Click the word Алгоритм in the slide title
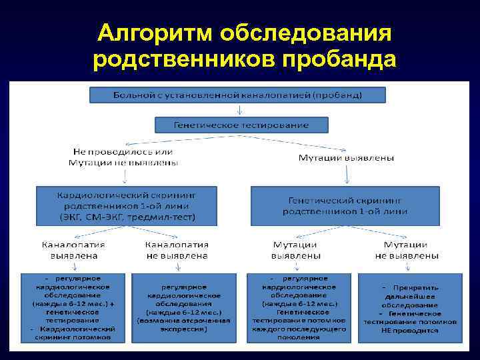pos(155,33)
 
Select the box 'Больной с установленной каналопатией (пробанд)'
pos(237,94)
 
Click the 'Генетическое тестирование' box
pos(241,125)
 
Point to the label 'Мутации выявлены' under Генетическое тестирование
pos(346,157)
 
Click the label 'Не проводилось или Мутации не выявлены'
pos(124,157)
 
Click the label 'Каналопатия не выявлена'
pos(177,249)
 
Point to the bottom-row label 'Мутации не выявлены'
pos(407,249)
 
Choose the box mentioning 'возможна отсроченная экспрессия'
pos(183,307)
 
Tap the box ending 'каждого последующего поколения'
pos(299,307)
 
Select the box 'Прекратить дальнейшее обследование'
pos(410,307)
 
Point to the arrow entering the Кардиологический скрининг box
pos(125,177)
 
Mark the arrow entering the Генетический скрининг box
pos(347,175)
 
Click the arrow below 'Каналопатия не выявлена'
pos(177,266)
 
